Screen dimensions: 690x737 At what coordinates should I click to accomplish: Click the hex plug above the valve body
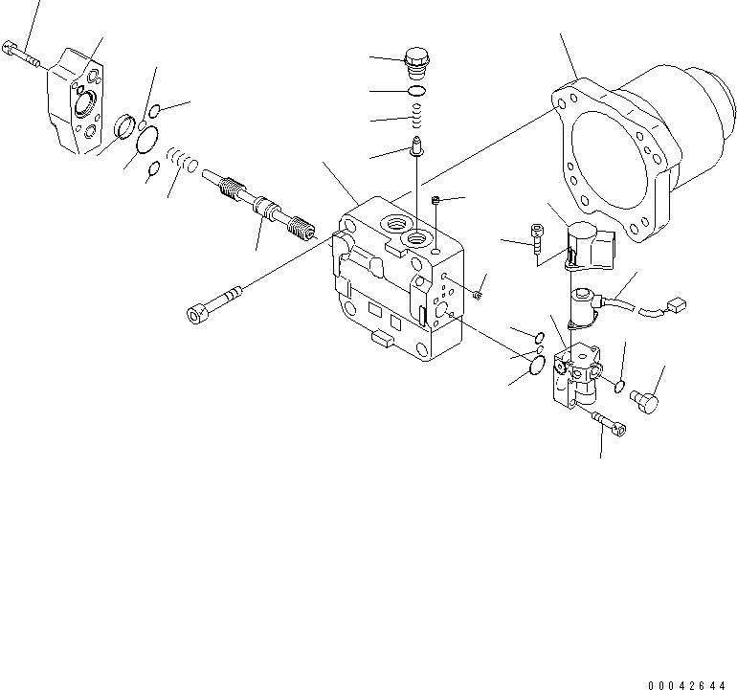pos(417,60)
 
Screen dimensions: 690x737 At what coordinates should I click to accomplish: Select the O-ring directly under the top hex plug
pos(417,91)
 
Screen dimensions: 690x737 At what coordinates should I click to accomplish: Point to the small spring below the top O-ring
pos(417,118)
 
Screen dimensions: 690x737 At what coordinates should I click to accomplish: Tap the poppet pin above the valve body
pos(417,146)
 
